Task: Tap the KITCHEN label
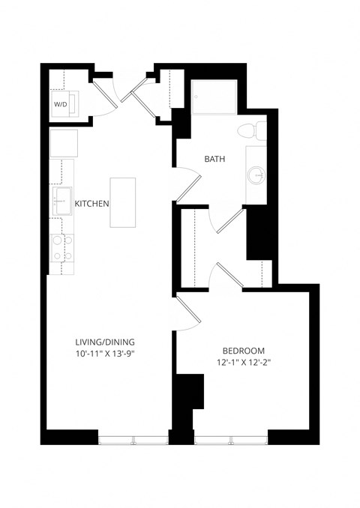[92, 203]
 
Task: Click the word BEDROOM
[243, 351]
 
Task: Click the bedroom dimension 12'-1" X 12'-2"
[243, 363]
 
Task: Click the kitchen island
[123, 202]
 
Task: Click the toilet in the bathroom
[249, 132]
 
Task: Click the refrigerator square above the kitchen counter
[61, 142]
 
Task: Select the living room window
[133, 440]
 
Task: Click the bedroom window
[230, 440]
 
